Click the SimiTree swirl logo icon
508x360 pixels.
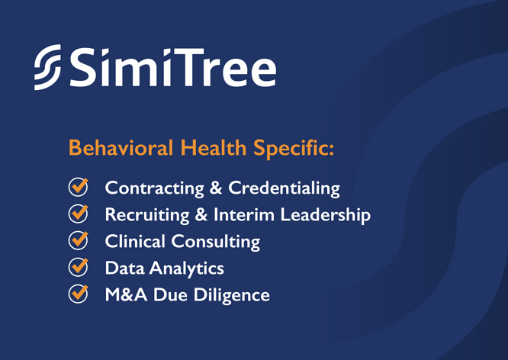[x=47, y=67]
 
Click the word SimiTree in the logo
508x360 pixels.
[x=173, y=67]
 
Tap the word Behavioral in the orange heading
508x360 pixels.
[x=121, y=148]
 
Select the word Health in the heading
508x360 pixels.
[x=214, y=148]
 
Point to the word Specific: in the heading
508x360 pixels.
[x=294, y=149]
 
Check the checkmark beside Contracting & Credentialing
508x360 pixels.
[x=78, y=187]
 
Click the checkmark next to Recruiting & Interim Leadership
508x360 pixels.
[x=78, y=214]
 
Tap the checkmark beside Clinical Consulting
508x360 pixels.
[x=78, y=240]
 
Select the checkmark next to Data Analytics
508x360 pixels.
[x=78, y=267]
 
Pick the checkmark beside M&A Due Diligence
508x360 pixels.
[x=78, y=294]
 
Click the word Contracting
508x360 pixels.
[x=155, y=188]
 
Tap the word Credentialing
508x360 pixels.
[x=285, y=188]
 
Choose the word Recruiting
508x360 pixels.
[x=147, y=216]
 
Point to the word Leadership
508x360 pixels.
[x=326, y=216]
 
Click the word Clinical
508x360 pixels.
[x=135, y=242]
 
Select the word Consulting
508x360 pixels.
[x=216, y=243]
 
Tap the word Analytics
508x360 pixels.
[x=187, y=269]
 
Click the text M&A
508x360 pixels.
[x=126, y=295]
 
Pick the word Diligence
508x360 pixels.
[x=232, y=296]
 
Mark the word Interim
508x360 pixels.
[x=243, y=215]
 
